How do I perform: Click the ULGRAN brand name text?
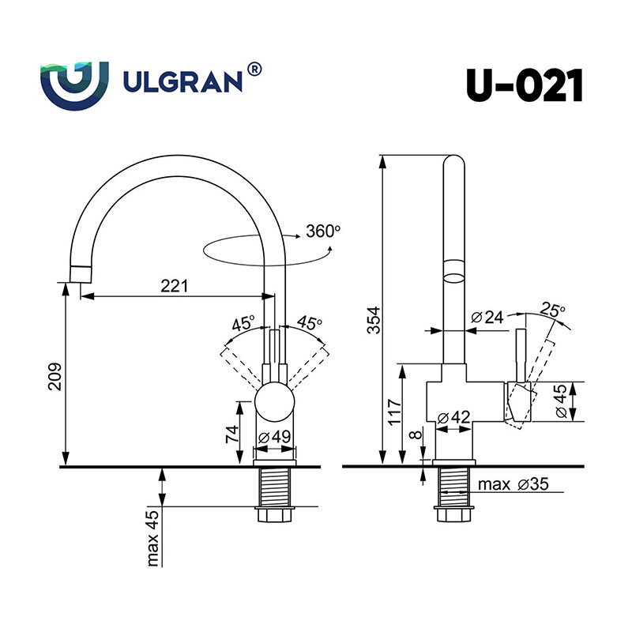[x=182, y=82]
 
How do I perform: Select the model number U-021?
[x=525, y=85]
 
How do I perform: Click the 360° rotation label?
[x=323, y=231]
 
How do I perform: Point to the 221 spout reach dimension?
[x=175, y=286]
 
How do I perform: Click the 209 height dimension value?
[x=55, y=377]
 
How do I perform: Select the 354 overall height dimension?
[x=374, y=321]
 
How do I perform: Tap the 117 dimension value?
[x=394, y=411]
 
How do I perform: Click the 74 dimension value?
[x=232, y=434]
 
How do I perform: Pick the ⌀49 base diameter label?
[x=274, y=437]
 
